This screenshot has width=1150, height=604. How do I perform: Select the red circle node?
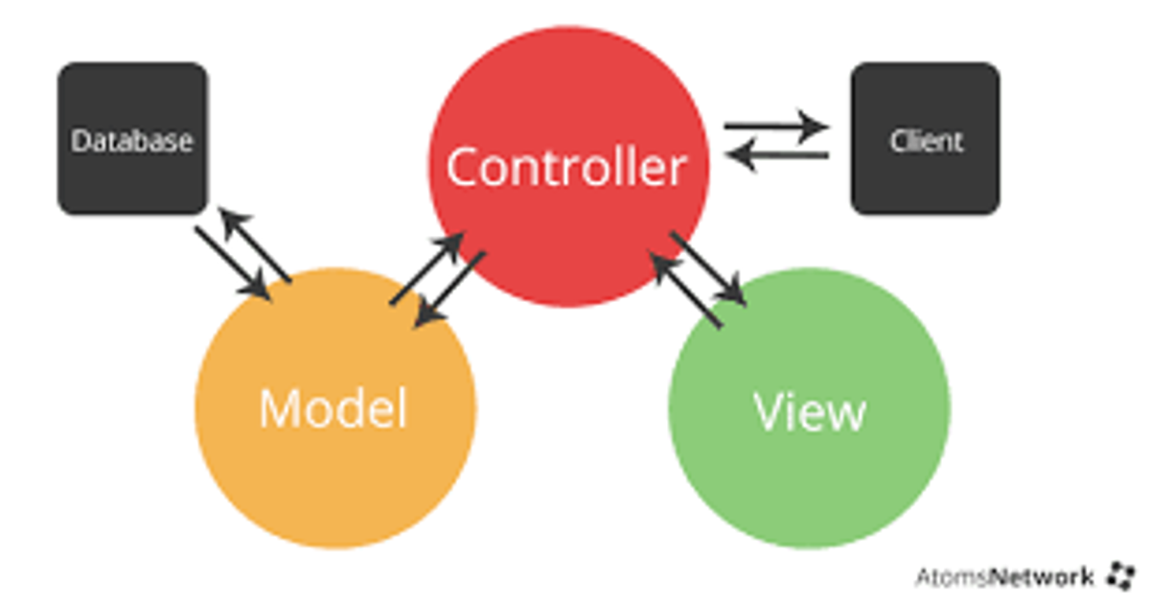point(567,96)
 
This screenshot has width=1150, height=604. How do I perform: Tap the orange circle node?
point(335,479)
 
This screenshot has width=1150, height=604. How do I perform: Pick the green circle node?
point(809,479)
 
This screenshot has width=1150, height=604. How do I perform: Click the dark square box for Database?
point(132,96)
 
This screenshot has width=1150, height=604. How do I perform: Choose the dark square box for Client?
point(925,96)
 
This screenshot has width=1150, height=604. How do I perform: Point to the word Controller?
point(566,168)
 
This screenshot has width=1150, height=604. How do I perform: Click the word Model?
point(333,409)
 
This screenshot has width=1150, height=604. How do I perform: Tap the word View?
point(810,411)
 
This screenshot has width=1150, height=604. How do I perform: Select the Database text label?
point(132,141)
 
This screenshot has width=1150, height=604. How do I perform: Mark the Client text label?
point(926,141)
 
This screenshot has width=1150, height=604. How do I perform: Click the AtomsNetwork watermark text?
point(1003,577)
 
